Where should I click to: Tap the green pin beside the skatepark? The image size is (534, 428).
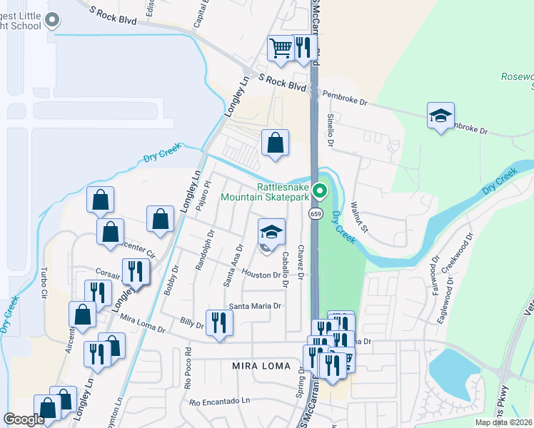320,190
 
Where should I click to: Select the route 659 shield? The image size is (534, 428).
315,214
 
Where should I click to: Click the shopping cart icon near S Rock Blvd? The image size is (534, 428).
281,48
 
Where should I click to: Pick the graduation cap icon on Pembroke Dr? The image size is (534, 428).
440,116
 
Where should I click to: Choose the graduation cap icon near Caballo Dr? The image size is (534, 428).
271,232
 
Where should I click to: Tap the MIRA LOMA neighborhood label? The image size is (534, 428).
261,366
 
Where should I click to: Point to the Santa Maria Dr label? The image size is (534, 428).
255,306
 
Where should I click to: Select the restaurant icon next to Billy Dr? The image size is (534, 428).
219,322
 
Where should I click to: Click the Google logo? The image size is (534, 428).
24,419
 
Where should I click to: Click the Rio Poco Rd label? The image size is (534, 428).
188,367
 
